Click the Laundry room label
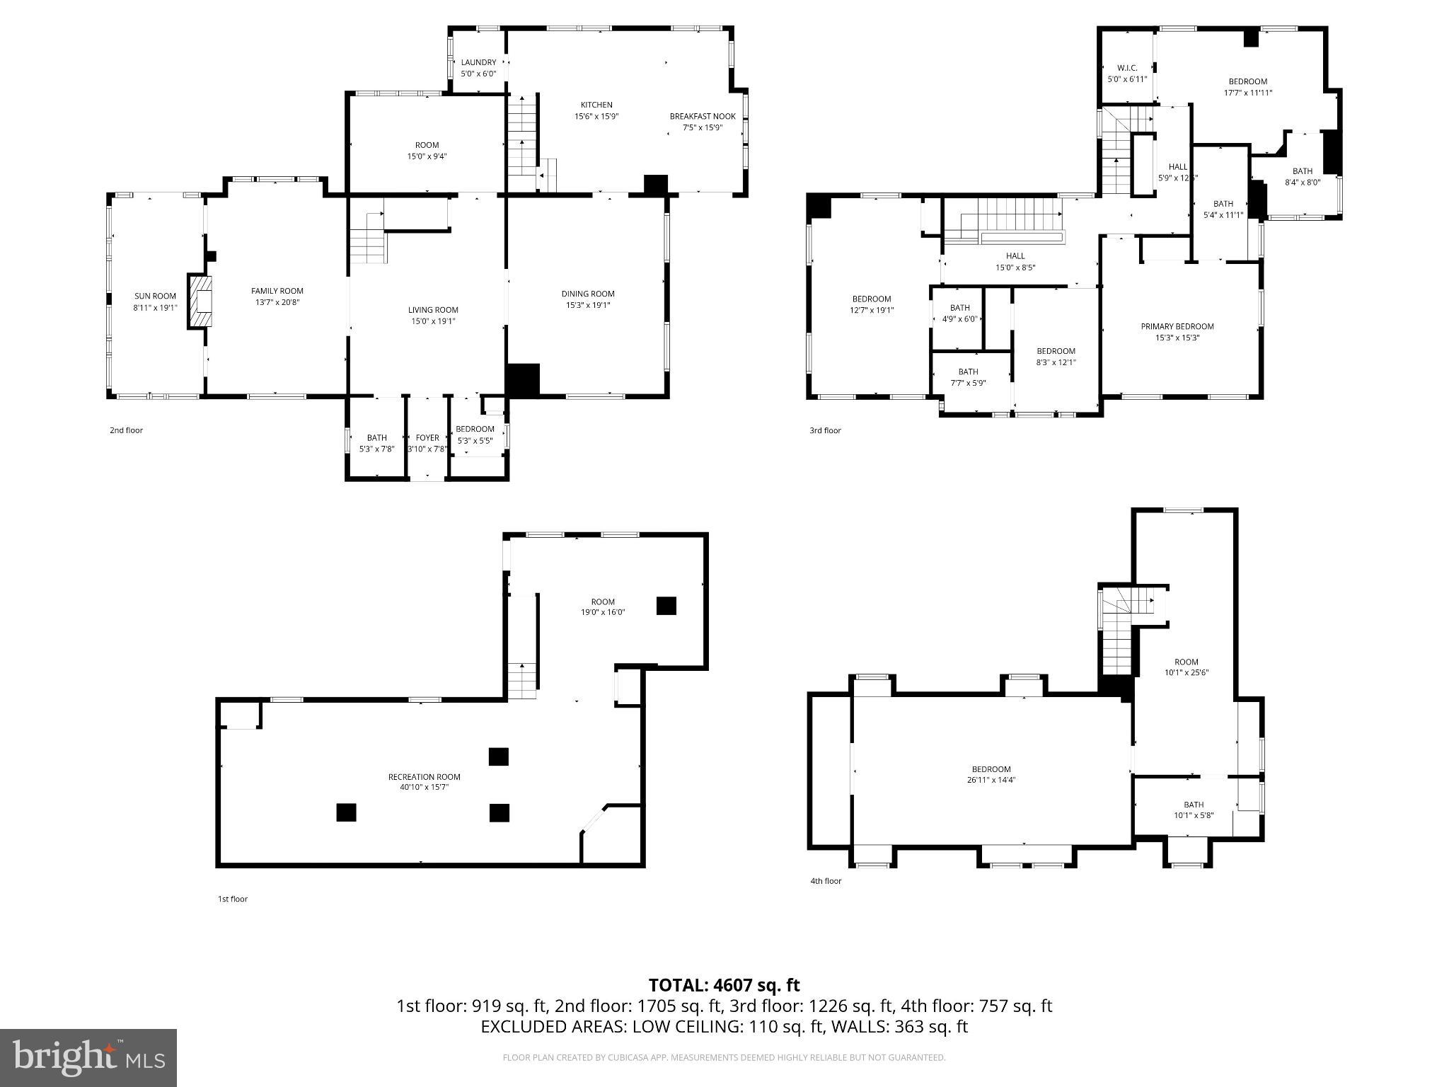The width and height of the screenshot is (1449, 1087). [x=478, y=63]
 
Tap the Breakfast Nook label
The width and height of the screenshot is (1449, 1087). [x=703, y=117]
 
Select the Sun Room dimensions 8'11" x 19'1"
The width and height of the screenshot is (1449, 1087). [x=155, y=308]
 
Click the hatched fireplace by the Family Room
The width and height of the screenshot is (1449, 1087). [x=200, y=301]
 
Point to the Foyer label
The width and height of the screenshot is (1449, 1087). [x=427, y=438]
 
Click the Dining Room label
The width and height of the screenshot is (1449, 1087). [x=588, y=294]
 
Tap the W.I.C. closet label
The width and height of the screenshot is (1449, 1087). [x=1127, y=69]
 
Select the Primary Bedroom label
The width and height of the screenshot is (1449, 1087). [x=1177, y=327]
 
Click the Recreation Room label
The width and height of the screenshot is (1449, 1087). [x=424, y=777]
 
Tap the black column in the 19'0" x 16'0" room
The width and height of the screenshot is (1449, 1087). [x=666, y=606]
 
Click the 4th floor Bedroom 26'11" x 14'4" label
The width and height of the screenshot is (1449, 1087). [x=991, y=769]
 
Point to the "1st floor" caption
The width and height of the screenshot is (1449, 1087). [x=232, y=899]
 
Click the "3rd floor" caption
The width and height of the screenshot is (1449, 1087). [x=825, y=430]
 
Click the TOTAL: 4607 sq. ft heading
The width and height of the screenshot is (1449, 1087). [x=724, y=985]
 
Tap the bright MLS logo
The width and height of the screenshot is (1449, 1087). [x=88, y=1057]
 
